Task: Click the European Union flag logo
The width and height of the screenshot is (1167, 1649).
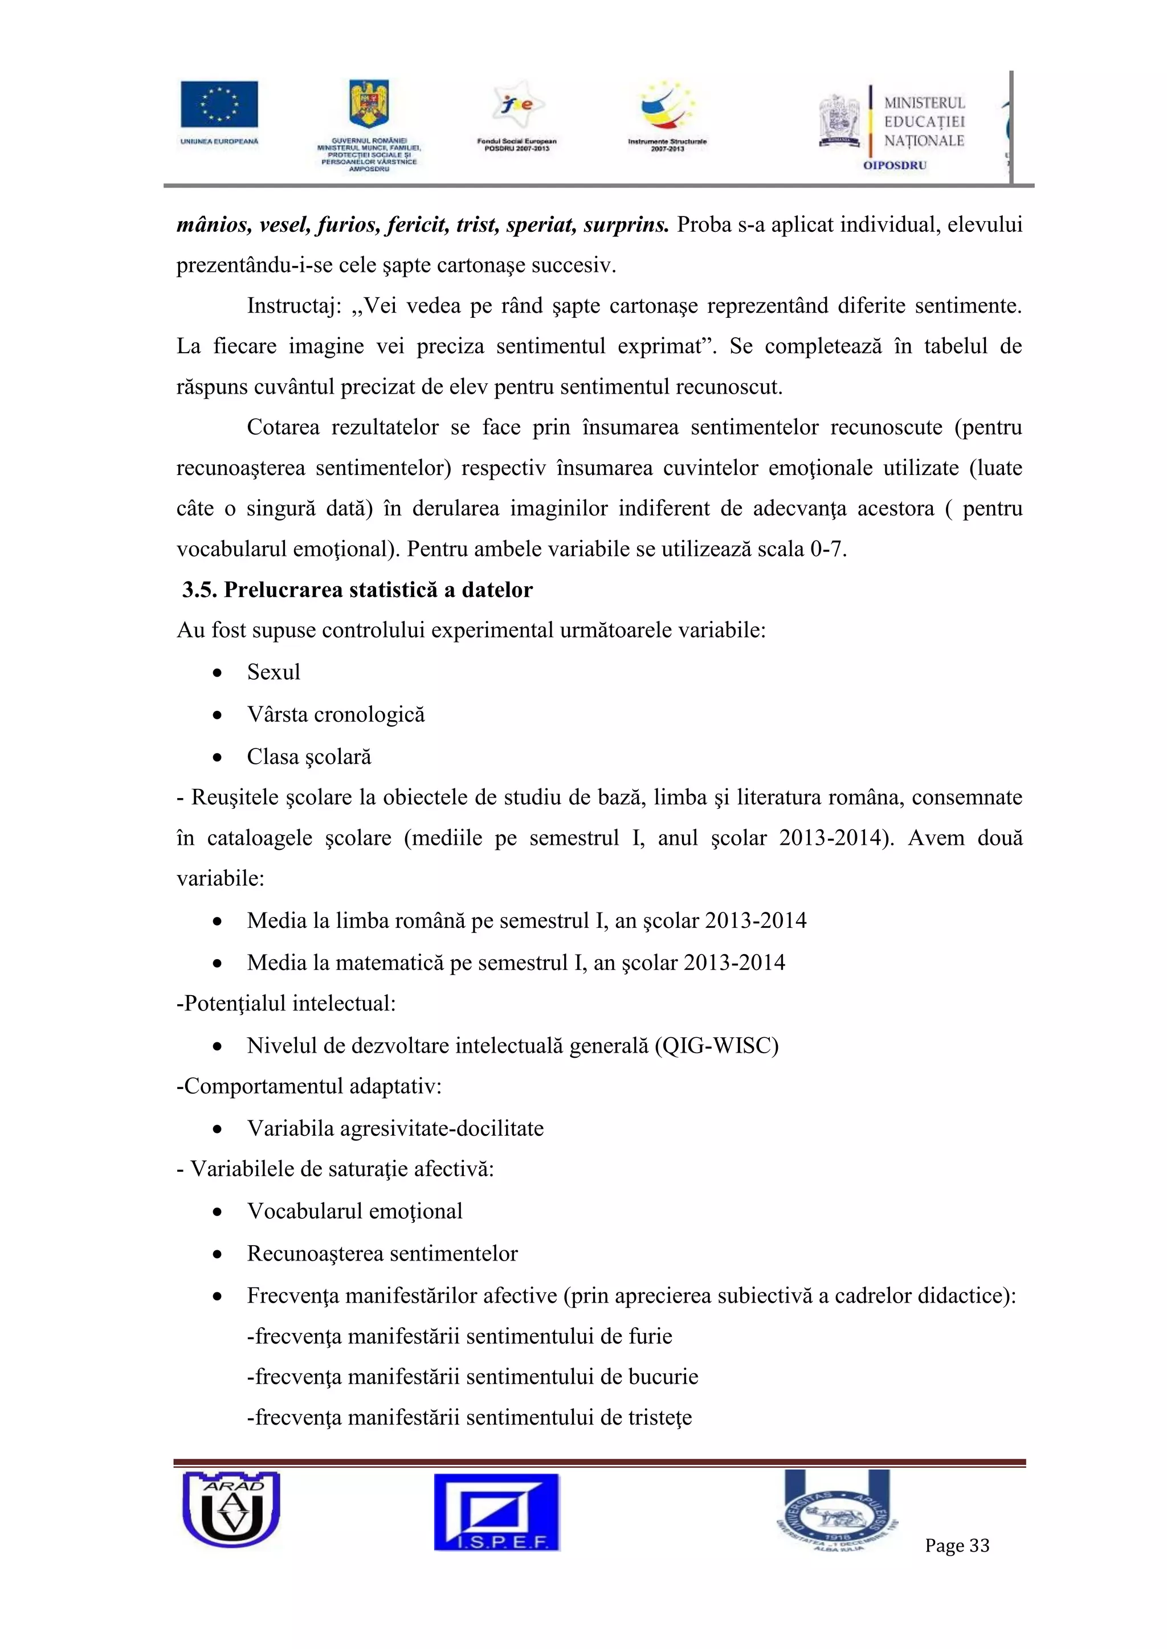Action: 219,105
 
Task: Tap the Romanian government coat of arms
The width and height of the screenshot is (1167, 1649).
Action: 369,104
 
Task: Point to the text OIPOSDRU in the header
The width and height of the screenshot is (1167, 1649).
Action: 895,165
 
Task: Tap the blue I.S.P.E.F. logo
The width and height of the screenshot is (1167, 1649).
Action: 496,1512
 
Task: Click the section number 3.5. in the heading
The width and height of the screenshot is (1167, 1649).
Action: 200,590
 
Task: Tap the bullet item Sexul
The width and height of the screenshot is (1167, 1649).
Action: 273,672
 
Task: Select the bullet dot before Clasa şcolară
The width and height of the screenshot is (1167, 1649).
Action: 217,758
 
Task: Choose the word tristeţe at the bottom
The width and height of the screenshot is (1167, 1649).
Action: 660,1418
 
